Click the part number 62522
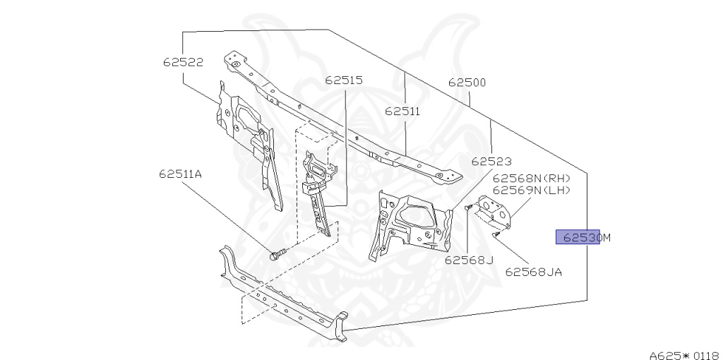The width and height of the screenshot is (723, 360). coord(183,62)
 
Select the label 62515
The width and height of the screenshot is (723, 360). coord(344,80)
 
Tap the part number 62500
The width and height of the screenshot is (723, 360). coord(467,83)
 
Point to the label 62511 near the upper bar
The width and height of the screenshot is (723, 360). coord(402,112)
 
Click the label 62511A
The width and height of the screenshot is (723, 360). coord(181,174)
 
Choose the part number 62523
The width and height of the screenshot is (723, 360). coord(491,162)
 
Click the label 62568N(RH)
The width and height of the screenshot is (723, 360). coord(531,179)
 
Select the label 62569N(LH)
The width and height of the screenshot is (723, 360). coord(531,189)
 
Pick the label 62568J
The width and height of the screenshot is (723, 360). coord(468,260)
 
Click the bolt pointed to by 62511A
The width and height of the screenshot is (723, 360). coord(276,254)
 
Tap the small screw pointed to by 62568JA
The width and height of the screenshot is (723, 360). coord(497,234)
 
